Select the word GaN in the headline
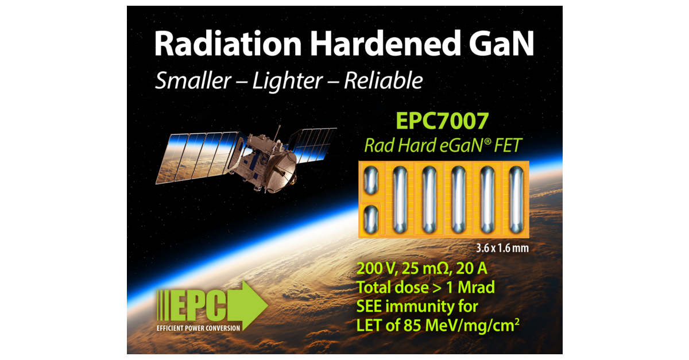(x=498, y=44)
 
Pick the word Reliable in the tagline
(x=383, y=80)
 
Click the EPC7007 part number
(x=442, y=122)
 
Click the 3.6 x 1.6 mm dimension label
(x=500, y=249)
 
